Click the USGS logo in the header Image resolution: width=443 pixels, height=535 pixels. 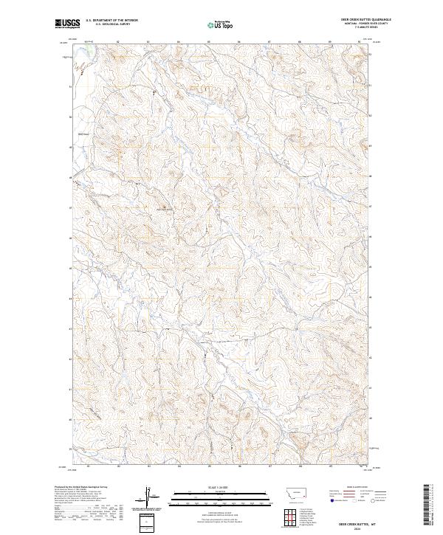[68, 24]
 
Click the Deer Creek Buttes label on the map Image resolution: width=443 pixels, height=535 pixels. [164, 213]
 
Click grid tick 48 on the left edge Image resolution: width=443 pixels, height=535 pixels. [72, 178]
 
